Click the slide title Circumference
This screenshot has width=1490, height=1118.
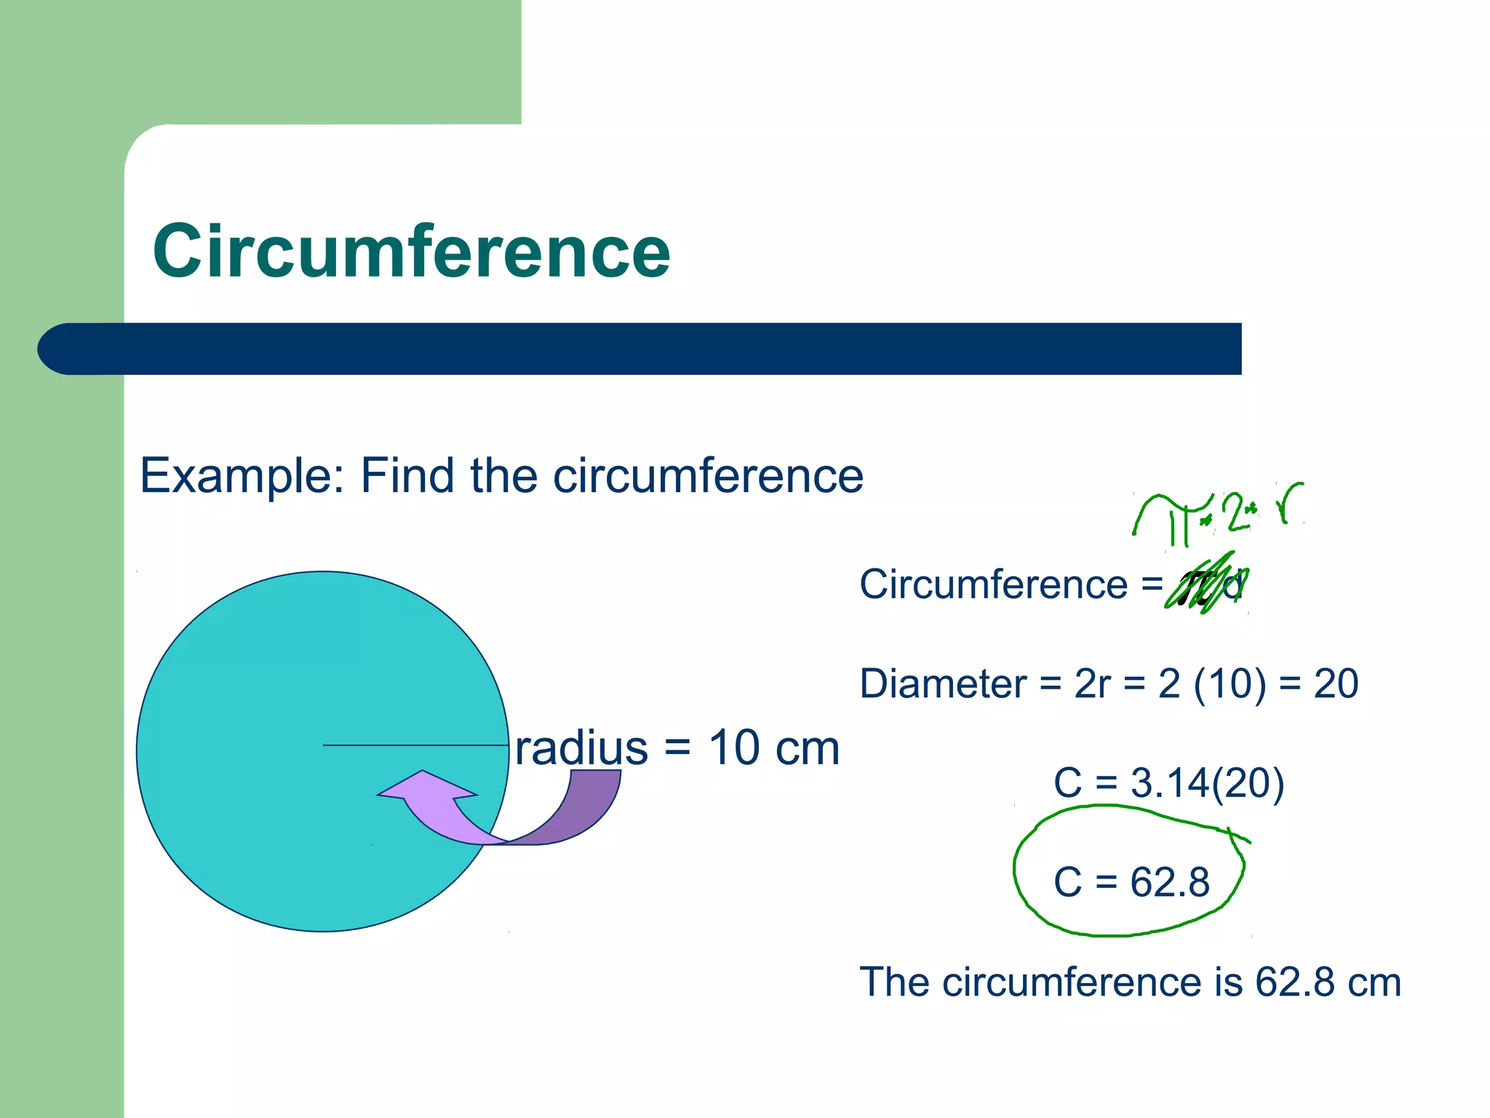click(411, 251)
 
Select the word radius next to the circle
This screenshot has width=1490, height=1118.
click(581, 748)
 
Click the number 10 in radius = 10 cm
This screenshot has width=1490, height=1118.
click(734, 748)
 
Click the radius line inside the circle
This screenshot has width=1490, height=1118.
click(415, 745)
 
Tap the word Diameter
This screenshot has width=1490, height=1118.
click(943, 684)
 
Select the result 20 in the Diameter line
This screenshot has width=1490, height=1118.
click(1336, 684)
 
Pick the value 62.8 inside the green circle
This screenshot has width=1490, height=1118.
click(1170, 883)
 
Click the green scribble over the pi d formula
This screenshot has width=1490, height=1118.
click(1204, 587)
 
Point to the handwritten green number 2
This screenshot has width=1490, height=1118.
click(1235, 511)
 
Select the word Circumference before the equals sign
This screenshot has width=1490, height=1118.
click(993, 585)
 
